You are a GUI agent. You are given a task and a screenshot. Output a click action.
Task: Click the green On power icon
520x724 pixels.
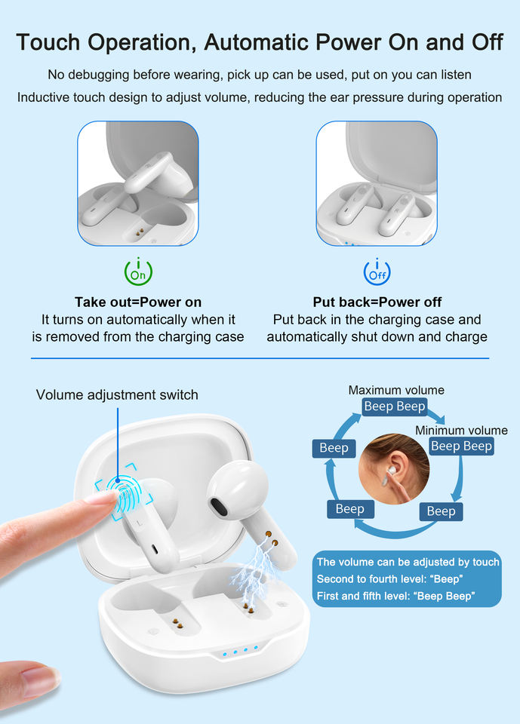click(138, 271)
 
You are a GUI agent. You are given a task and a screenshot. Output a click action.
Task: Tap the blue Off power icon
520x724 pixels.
click(377, 271)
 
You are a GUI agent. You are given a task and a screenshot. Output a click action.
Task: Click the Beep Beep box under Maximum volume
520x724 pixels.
click(394, 406)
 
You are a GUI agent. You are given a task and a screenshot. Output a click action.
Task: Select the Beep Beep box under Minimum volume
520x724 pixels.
click(461, 446)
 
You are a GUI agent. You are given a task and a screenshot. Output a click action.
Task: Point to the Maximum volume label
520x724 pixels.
click(396, 390)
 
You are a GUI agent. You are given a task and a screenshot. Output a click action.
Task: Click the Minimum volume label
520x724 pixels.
click(461, 431)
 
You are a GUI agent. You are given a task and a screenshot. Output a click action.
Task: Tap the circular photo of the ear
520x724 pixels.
click(394, 468)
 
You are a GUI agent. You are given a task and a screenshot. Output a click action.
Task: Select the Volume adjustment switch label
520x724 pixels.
click(117, 394)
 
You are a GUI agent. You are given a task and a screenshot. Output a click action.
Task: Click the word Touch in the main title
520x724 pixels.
click(48, 42)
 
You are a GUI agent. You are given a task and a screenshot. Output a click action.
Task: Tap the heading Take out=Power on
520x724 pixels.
click(138, 302)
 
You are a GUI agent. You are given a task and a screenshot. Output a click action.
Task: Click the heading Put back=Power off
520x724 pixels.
click(377, 302)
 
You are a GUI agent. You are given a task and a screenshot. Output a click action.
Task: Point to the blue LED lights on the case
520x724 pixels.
click(240, 652)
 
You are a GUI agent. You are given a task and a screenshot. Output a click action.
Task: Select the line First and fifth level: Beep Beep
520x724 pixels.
click(395, 596)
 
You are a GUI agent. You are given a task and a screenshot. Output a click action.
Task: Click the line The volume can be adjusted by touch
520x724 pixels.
click(408, 562)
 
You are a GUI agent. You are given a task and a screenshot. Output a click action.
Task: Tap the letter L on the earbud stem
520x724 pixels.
click(138, 523)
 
